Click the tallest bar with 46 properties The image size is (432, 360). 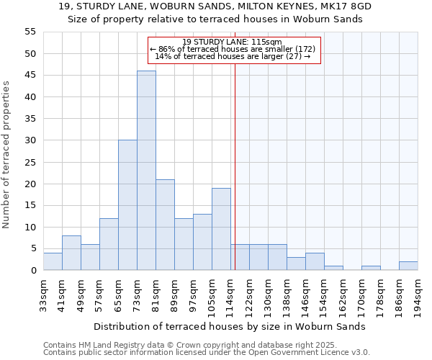click(146, 171)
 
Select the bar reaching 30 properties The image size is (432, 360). click(127, 205)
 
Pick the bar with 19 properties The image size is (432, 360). click(221, 229)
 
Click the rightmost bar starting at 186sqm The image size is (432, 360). click(408, 266)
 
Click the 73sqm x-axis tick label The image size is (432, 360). click(138, 295)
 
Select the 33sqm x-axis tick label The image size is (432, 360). click(44, 295)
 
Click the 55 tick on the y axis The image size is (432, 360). click(30, 32)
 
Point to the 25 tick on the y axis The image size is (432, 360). click(30, 162)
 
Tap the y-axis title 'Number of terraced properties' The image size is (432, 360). click(7, 154)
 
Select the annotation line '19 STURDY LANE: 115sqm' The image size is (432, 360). click(232, 42)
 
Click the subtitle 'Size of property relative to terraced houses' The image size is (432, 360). click(215, 19)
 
